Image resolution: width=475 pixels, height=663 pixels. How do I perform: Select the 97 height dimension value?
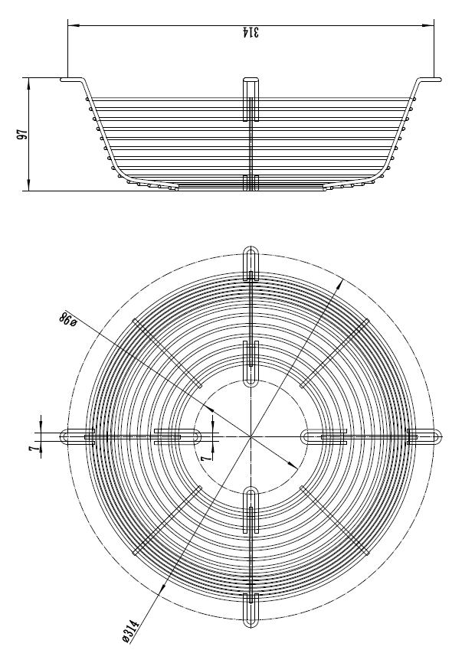pyautogui.click(x=23, y=134)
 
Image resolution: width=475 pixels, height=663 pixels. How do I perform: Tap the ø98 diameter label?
pyautogui.click(x=67, y=320)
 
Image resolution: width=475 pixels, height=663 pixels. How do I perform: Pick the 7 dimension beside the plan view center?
pyautogui.click(x=205, y=455)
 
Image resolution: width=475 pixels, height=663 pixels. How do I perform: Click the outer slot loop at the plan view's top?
pyautogui.click(x=251, y=260)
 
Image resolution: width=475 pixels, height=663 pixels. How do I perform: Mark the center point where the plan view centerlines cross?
pyautogui.click(x=251, y=436)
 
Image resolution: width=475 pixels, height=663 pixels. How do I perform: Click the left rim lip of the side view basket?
pyautogui.click(x=73, y=79)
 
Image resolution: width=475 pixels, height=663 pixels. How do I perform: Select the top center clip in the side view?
pyautogui.click(x=251, y=98)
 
